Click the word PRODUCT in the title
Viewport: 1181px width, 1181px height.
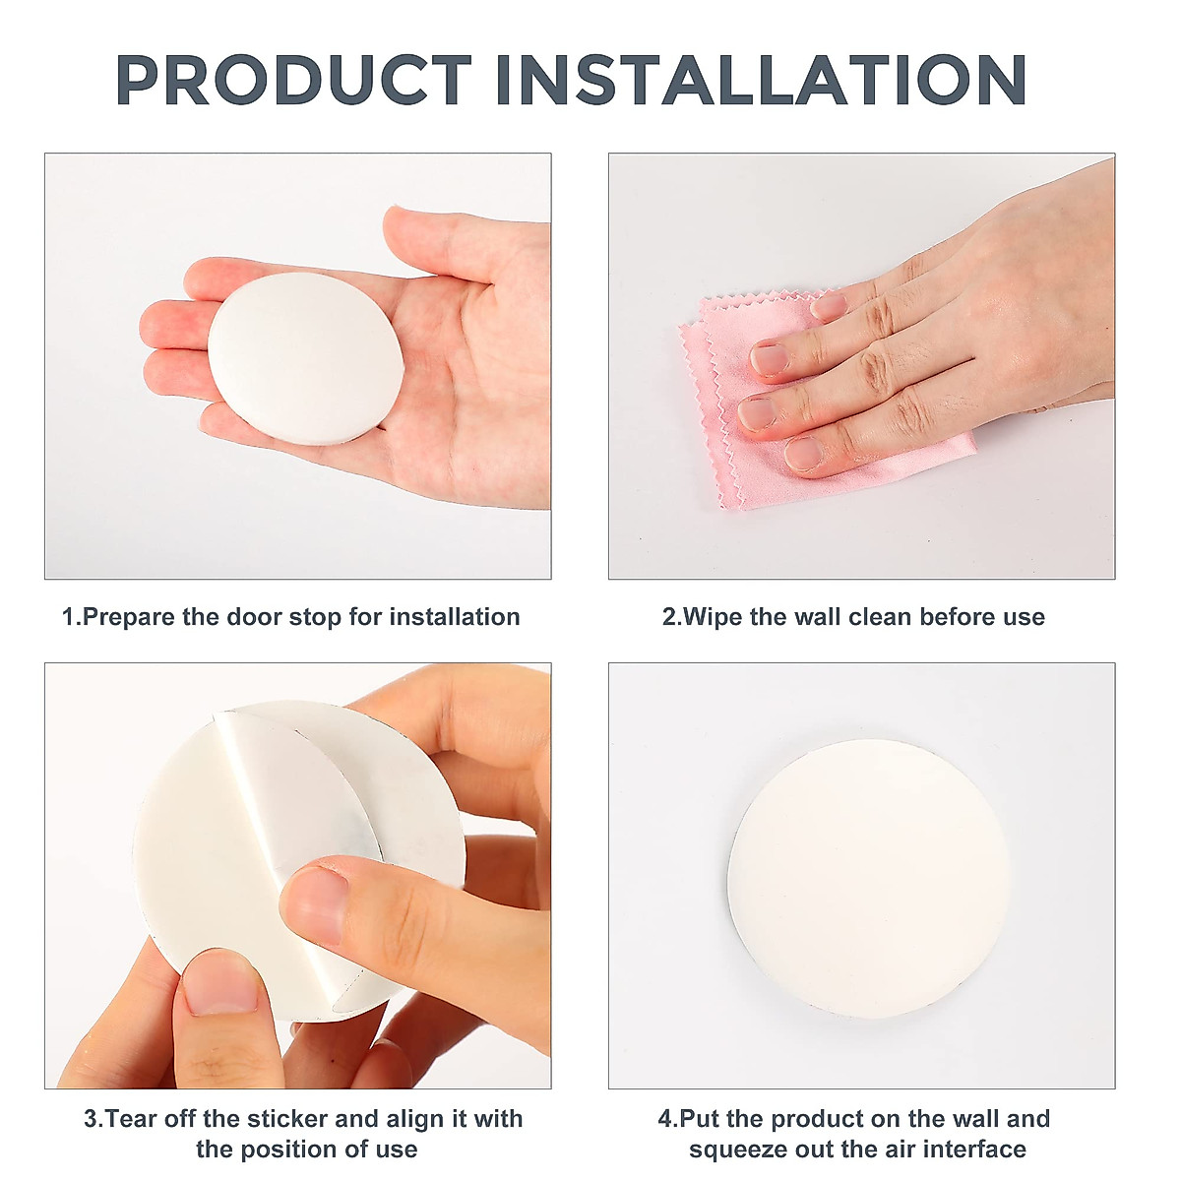click(x=293, y=81)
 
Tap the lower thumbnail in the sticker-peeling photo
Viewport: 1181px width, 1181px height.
click(x=222, y=984)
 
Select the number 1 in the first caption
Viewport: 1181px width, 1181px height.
click(x=69, y=617)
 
